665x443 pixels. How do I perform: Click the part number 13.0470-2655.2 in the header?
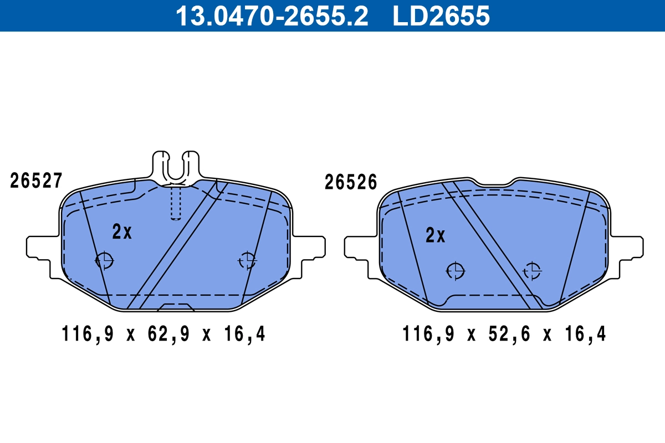tap(272, 16)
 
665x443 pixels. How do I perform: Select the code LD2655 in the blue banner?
tap(441, 16)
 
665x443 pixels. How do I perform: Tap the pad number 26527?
tap(36, 181)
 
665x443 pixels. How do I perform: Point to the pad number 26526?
tap(351, 182)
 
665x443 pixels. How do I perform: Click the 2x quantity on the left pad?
tap(122, 232)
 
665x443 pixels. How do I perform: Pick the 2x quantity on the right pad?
tap(436, 236)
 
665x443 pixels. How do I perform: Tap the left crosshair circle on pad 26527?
tap(104, 260)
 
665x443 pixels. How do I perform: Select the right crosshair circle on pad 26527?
tap(247, 260)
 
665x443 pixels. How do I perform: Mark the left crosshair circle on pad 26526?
tap(456, 271)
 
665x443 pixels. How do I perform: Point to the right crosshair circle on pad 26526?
tap(533, 271)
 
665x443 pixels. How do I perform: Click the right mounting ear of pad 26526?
tap(627, 247)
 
